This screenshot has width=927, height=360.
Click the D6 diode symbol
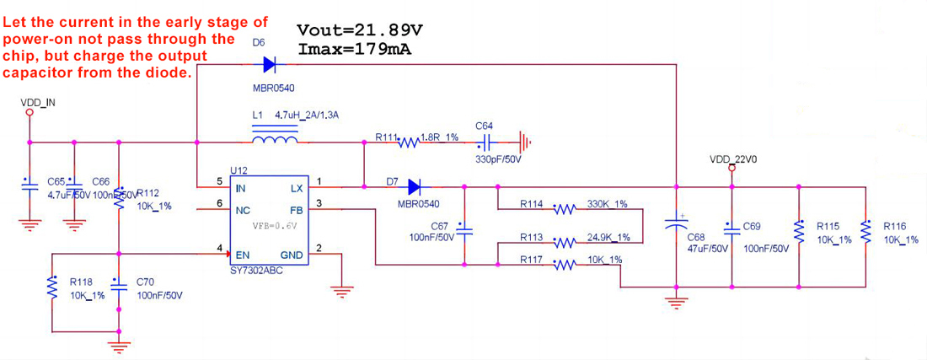[x=270, y=63]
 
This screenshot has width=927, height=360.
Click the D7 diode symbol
[x=414, y=186]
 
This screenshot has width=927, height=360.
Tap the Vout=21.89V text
[x=360, y=30]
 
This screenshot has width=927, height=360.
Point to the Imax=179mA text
[x=355, y=48]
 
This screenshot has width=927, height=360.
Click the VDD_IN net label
[x=38, y=104]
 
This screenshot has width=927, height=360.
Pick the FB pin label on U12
[x=297, y=210]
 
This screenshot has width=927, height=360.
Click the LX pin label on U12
[x=297, y=189]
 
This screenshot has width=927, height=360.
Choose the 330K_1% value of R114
[x=607, y=204]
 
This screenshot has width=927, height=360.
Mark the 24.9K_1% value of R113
[x=609, y=237]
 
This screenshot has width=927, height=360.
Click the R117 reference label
[x=531, y=260]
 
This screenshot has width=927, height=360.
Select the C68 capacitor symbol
[x=675, y=223]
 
